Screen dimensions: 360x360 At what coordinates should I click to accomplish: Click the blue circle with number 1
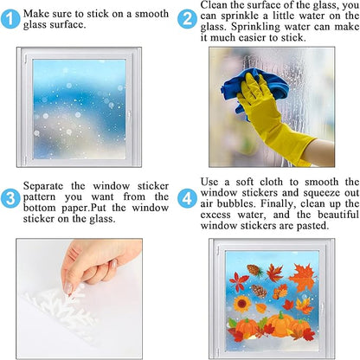click(10, 19)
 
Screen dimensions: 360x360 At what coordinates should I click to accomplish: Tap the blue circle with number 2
click(187, 19)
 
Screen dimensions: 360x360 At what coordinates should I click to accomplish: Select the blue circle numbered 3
click(10, 198)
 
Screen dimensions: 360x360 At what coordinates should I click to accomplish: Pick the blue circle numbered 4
click(187, 198)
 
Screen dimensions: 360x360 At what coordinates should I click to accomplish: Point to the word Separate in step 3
click(43, 186)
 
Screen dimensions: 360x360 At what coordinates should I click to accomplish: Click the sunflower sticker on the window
click(242, 304)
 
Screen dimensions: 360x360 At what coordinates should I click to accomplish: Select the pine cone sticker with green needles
click(255, 271)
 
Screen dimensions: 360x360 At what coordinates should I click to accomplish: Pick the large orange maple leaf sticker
click(303, 277)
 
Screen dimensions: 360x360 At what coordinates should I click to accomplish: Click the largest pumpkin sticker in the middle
click(280, 325)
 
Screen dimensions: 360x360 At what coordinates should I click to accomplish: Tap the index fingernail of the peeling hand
click(68, 287)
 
